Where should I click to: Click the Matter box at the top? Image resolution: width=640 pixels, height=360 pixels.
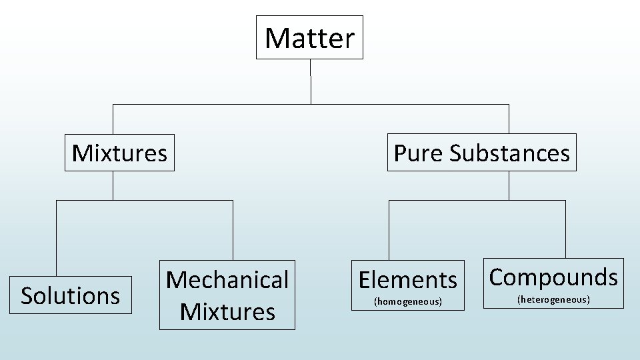pyautogui.click(x=310, y=37)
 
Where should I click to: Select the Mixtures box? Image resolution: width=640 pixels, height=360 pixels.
pyautogui.click(x=119, y=153)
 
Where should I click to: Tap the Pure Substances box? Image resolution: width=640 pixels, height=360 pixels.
pyautogui.click(x=481, y=153)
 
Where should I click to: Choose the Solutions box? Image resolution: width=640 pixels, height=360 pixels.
pyautogui.click(x=71, y=295)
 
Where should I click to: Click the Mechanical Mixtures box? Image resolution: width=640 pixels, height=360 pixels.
pyautogui.click(x=227, y=295)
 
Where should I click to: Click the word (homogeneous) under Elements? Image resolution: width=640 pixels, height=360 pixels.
pyautogui.click(x=408, y=302)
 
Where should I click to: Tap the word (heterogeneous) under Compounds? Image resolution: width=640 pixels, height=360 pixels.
pyautogui.click(x=553, y=300)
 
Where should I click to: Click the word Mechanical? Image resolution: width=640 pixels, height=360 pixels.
pyautogui.click(x=227, y=280)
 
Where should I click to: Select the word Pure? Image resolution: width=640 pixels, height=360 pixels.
pyautogui.click(x=418, y=153)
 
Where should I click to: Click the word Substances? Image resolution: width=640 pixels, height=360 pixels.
pyautogui.click(x=510, y=153)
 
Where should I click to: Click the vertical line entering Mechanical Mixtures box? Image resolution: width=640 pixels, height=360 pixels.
pyautogui.click(x=233, y=230)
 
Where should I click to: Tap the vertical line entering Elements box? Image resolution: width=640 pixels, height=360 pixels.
pyautogui.click(x=389, y=230)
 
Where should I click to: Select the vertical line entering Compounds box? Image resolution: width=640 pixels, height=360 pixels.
pyautogui.click(x=565, y=229)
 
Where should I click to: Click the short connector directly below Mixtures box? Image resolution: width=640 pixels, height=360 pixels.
pyautogui.click(x=113, y=185)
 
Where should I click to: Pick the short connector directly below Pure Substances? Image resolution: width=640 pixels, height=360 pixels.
pyautogui.click(x=509, y=185)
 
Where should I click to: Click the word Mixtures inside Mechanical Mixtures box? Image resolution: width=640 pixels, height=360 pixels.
pyautogui.click(x=227, y=311)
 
